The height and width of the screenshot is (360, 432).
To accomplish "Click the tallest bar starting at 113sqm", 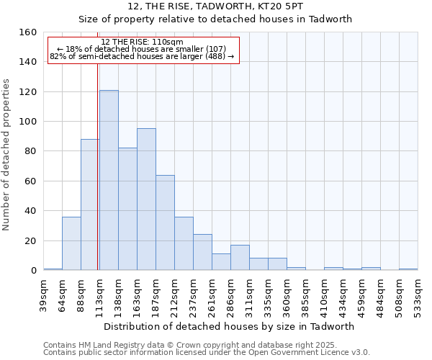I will point(109,180).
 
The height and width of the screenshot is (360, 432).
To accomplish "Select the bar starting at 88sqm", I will point(90,204).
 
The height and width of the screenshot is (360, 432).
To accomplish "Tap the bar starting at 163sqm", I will point(146,199).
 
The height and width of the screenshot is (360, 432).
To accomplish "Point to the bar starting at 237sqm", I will point(202,252).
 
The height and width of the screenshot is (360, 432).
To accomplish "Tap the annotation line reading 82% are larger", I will point(142,56).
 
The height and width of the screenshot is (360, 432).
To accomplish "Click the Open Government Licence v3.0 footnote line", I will point(207,353).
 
